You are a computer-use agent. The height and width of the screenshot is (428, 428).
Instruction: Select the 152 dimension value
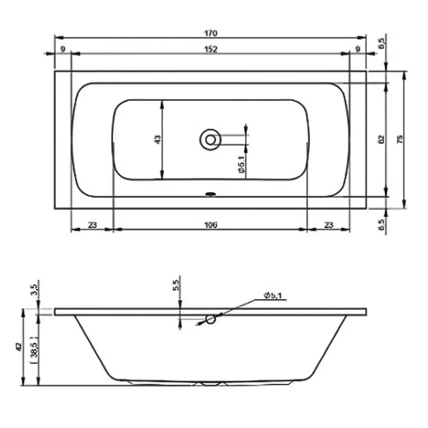coord(211,49)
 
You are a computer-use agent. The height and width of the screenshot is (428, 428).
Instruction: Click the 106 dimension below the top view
coord(210,225)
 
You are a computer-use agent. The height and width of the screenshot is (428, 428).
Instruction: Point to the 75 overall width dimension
coord(399,140)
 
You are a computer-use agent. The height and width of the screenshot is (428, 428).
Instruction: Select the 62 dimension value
coord(381,140)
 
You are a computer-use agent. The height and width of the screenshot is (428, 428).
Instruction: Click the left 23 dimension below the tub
coord(92,225)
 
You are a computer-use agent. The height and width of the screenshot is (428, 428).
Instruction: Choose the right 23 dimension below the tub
coord(328,225)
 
